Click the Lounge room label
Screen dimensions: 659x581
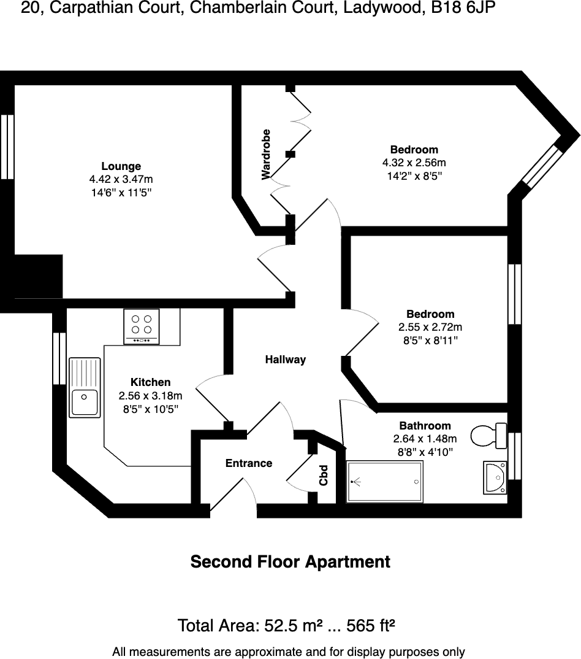tap(121, 166)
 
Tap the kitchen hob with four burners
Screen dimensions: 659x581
tap(142, 326)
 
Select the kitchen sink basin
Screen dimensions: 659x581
tap(84, 403)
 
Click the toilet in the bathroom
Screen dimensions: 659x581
tap(488, 436)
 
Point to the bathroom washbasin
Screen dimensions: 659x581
tap(495, 477)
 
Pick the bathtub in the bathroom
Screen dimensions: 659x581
tap(384, 482)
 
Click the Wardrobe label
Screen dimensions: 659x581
tap(266, 155)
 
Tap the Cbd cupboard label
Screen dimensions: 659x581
tap(324, 476)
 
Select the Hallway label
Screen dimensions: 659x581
tap(285, 360)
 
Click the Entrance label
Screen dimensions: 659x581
tap(248, 463)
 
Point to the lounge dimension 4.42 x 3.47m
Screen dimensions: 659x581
tap(121, 179)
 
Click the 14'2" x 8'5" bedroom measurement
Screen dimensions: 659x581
tap(414, 176)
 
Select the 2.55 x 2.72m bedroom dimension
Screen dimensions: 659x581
tap(430, 327)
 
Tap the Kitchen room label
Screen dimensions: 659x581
tap(150, 382)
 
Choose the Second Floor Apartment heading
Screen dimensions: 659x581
tap(290, 561)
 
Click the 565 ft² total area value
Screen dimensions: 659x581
tap(370, 626)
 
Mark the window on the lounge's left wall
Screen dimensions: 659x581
tap(7, 147)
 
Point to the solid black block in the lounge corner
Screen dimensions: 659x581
tap(38, 276)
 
